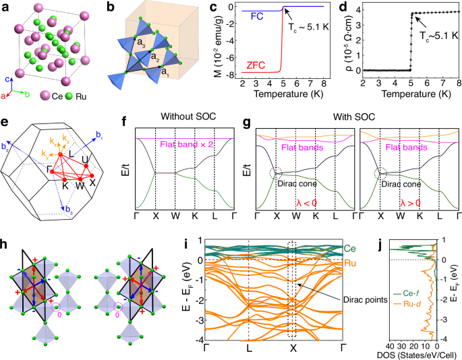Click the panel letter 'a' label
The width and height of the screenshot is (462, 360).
(x=5, y=6)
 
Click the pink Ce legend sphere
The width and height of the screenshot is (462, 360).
(x=47, y=93)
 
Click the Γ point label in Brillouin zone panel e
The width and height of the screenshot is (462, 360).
(x=49, y=174)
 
